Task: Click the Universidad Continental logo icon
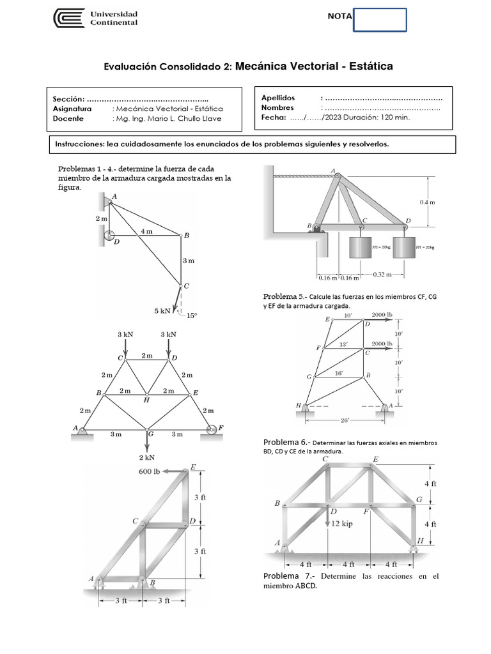click(x=68, y=19)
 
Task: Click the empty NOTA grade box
click(x=380, y=20)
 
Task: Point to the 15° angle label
click(x=191, y=315)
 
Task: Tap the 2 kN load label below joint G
click(x=147, y=457)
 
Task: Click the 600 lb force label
click(x=150, y=472)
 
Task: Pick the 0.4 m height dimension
click(x=426, y=202)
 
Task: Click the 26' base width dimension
click(x=345, y=420)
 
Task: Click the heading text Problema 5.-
click(x=285, y=297)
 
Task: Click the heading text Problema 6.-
click(x=285, y=443)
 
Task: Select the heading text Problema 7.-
click(x=285, y=576)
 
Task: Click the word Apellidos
click(x=278, y=98)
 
